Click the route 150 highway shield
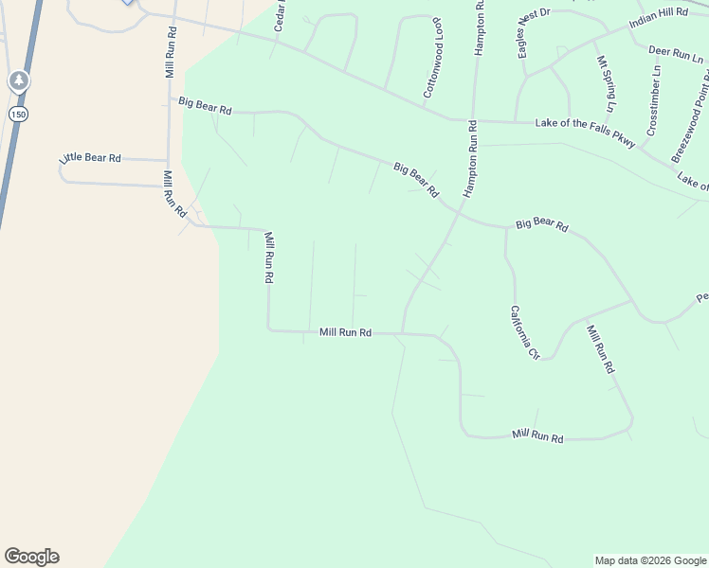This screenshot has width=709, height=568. pyautogui.click(x=18, y=114)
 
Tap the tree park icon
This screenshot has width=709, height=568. pyautogui.click(x=18, y=81)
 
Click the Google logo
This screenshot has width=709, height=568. pyautogui.click(x=31, y=557)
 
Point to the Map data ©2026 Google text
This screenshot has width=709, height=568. pyautogui.click(x=650, y=560)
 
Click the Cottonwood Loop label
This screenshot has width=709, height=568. pyautogui.click(x=431, y=70)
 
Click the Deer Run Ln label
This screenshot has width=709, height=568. pyautogui.click(x=676, y=53)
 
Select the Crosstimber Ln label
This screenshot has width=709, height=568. pyautogui.click(x=654, y=98)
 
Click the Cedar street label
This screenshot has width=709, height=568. pyautogui.click(x=281, y=16)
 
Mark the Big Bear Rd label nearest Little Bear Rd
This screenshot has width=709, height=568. pyautogui.click(x=205, y=104)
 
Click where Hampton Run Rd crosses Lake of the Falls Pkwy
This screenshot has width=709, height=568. pyautogui.click(x=471, y=121)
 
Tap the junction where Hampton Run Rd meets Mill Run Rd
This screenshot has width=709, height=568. pyautogui.click(x=402, y=333)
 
